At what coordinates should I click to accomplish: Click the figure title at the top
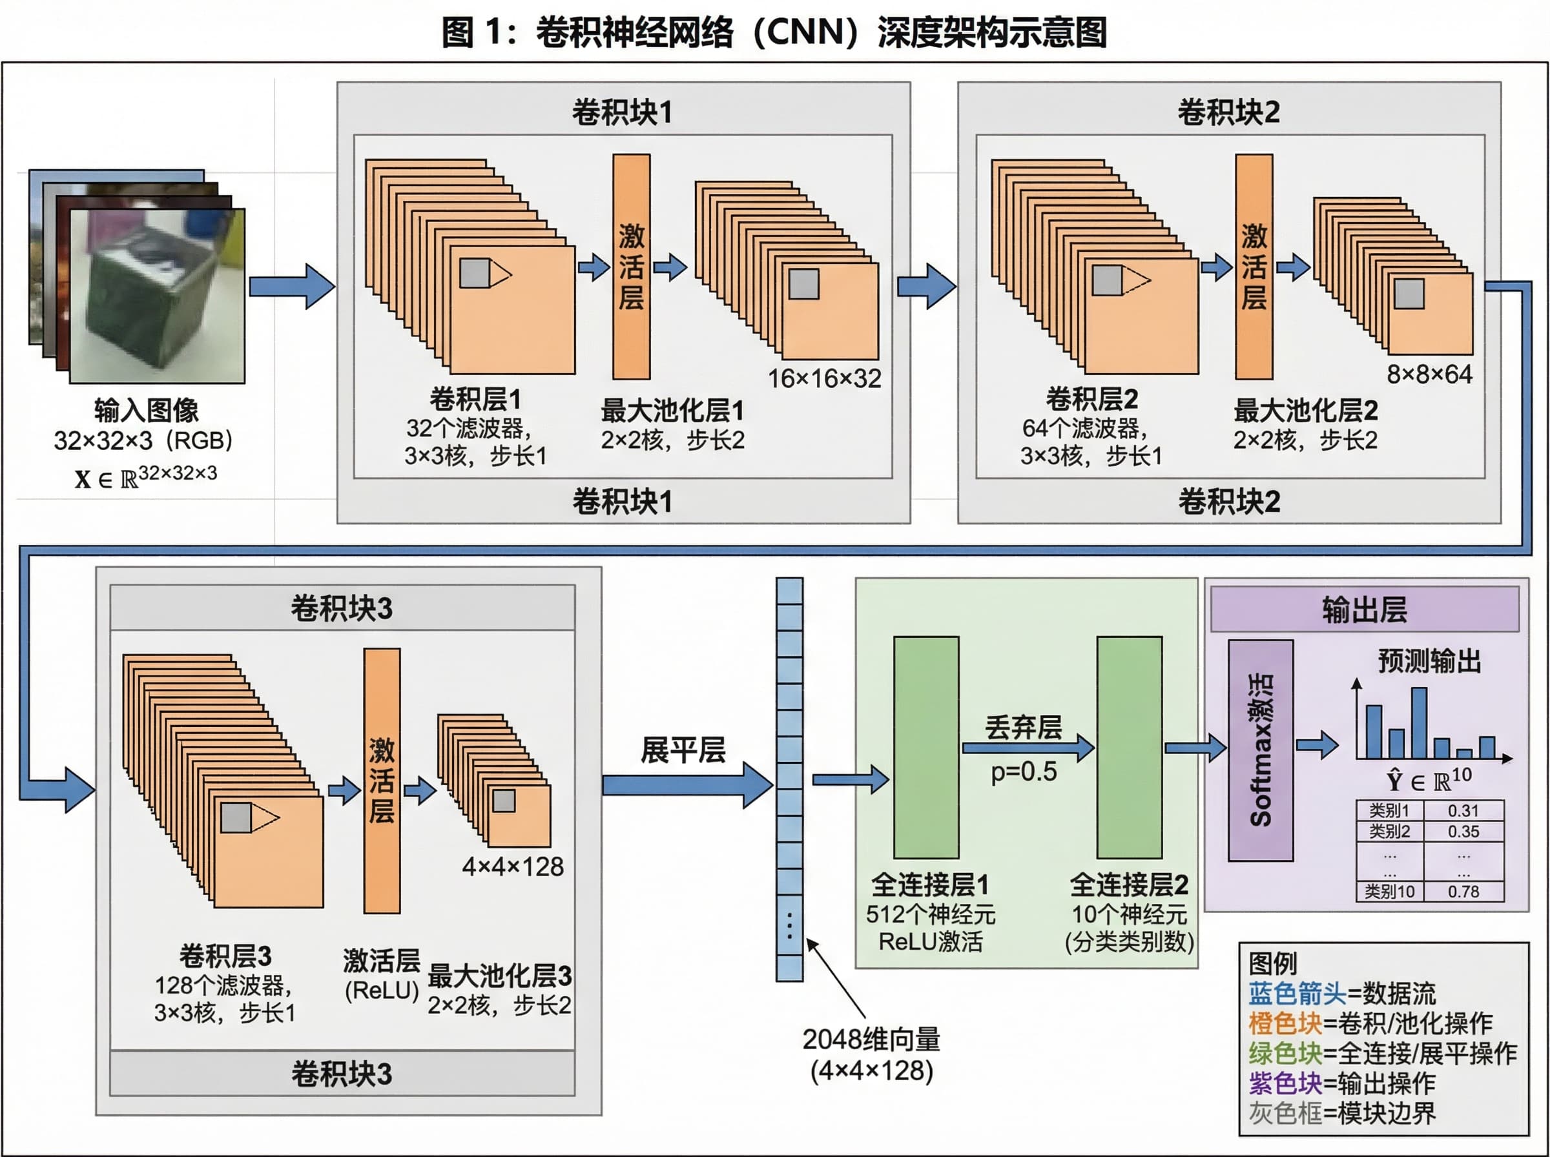click(774, 32)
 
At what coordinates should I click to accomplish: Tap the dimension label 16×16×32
click(824, 379)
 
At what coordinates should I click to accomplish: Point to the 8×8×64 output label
click(1429, 374)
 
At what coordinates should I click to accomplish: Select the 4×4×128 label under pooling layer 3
click(513, 867)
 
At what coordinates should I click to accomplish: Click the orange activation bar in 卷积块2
click(1253, 266)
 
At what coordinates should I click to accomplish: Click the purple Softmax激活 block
click(1260, 750)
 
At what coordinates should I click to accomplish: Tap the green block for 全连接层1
click(925, 746)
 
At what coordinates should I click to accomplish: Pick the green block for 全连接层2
click(1129, 746)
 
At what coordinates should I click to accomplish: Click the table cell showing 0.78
click(1463, 892)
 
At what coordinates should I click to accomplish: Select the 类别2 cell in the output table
click(1389, 832)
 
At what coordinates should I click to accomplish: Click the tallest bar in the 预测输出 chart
click(1419, 722)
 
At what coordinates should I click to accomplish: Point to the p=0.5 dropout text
click(1023, 772)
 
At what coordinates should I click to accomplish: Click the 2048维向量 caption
click(871, 1039)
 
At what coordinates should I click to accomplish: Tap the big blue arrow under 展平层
click(687, 785)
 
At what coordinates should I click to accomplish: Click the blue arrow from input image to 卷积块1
click(291, 287)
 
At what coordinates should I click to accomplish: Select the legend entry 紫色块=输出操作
click(1341, 1083)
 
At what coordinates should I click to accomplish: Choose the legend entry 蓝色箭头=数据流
click(1341, 993)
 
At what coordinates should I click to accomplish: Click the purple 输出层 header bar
click(1364, 609)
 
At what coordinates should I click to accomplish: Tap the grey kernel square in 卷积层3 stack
click(236, 817)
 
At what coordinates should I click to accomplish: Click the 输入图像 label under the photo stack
click(147, 411)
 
